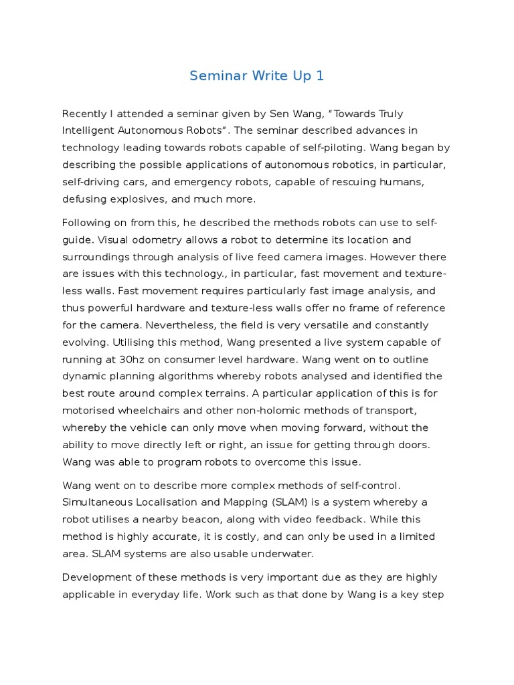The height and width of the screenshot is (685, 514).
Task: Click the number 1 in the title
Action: click(320, 76)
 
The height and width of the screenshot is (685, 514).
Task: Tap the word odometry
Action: click(129, 239)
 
